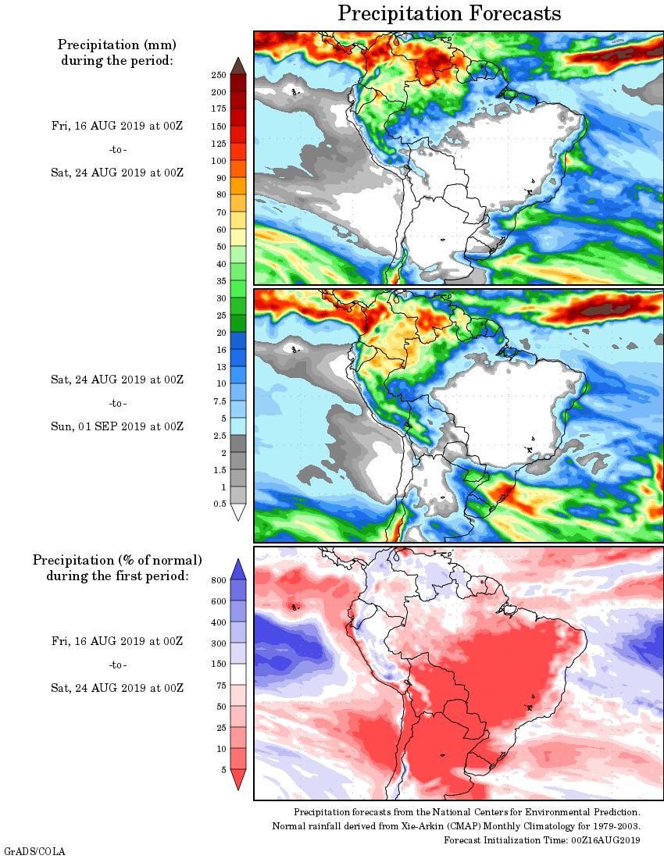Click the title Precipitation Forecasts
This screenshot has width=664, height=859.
click(449, 14)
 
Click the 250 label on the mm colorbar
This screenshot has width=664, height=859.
click(218, 75)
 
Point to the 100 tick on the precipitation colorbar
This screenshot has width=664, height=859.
click(218, 161)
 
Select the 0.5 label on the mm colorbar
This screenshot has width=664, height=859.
click(220, 504)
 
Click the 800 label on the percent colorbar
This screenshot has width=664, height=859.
click(218, 581)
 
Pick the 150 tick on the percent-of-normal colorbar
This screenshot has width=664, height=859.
click(218, 665)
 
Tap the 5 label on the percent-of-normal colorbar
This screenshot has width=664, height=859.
click(223, 770)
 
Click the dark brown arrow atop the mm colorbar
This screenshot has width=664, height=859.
click(238, 66)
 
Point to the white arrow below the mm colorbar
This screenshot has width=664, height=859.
click(238, 511)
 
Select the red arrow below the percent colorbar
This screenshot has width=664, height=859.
click(238, 779)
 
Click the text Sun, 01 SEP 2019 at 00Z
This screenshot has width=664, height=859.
click(117, 426)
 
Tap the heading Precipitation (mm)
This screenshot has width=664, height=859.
click(117, 45)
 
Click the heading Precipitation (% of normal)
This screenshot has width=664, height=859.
click(117, 560)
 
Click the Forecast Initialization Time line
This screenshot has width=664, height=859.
click(542, 840)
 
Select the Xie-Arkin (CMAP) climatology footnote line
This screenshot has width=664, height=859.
click(456, 826)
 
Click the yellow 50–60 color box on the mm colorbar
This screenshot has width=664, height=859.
click(238, 238)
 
